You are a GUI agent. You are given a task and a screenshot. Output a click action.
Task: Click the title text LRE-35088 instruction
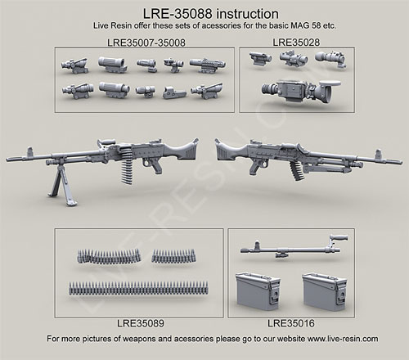[211, 14]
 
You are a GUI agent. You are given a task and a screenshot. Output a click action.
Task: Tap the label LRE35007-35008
[146, 43]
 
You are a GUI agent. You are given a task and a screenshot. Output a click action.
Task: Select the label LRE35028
[296, 43]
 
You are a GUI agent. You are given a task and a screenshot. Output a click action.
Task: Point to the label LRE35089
[141, 323]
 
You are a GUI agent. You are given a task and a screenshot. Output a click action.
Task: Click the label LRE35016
[291, 323]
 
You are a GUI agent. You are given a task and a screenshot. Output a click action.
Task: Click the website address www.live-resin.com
[343, 339]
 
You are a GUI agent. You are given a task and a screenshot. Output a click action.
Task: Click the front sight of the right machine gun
[378, 154]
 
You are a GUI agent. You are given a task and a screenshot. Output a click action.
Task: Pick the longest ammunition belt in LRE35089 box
[138, 288]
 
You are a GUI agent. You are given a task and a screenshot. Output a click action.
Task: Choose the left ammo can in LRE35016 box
[258, 291]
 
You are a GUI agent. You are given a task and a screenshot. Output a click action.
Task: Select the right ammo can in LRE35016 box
[324, 291]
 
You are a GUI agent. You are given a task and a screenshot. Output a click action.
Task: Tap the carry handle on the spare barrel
[339, 237]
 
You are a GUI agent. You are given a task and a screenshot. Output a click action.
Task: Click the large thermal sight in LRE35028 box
[301, 90]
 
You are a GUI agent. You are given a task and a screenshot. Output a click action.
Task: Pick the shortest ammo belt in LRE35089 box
[173, 256]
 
